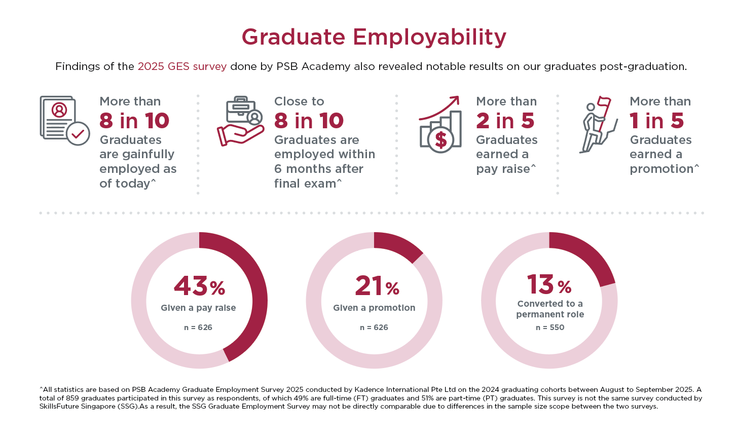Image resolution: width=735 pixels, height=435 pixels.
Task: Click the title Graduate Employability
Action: [374, 37]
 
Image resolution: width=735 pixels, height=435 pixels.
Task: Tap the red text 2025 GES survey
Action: [182, 66]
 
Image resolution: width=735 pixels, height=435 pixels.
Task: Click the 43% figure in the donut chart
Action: [199, 286]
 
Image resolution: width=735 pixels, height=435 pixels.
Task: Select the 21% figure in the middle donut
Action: [377, 286]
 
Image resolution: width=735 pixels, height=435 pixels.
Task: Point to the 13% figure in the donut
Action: [549, 284]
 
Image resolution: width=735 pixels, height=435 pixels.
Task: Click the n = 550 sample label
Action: [550, 328]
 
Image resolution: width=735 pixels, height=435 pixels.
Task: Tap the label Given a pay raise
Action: [198, 308]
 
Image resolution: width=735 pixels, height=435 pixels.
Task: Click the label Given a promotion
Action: [374, 308]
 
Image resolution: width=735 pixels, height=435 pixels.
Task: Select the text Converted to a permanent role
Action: [550, 309]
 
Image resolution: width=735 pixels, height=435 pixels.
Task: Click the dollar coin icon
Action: [441, 140]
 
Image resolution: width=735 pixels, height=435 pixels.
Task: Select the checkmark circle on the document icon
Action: [78, 133]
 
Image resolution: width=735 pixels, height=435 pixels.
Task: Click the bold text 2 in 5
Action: [505, 121]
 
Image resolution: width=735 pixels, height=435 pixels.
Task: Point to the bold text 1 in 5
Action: [656, 121]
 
